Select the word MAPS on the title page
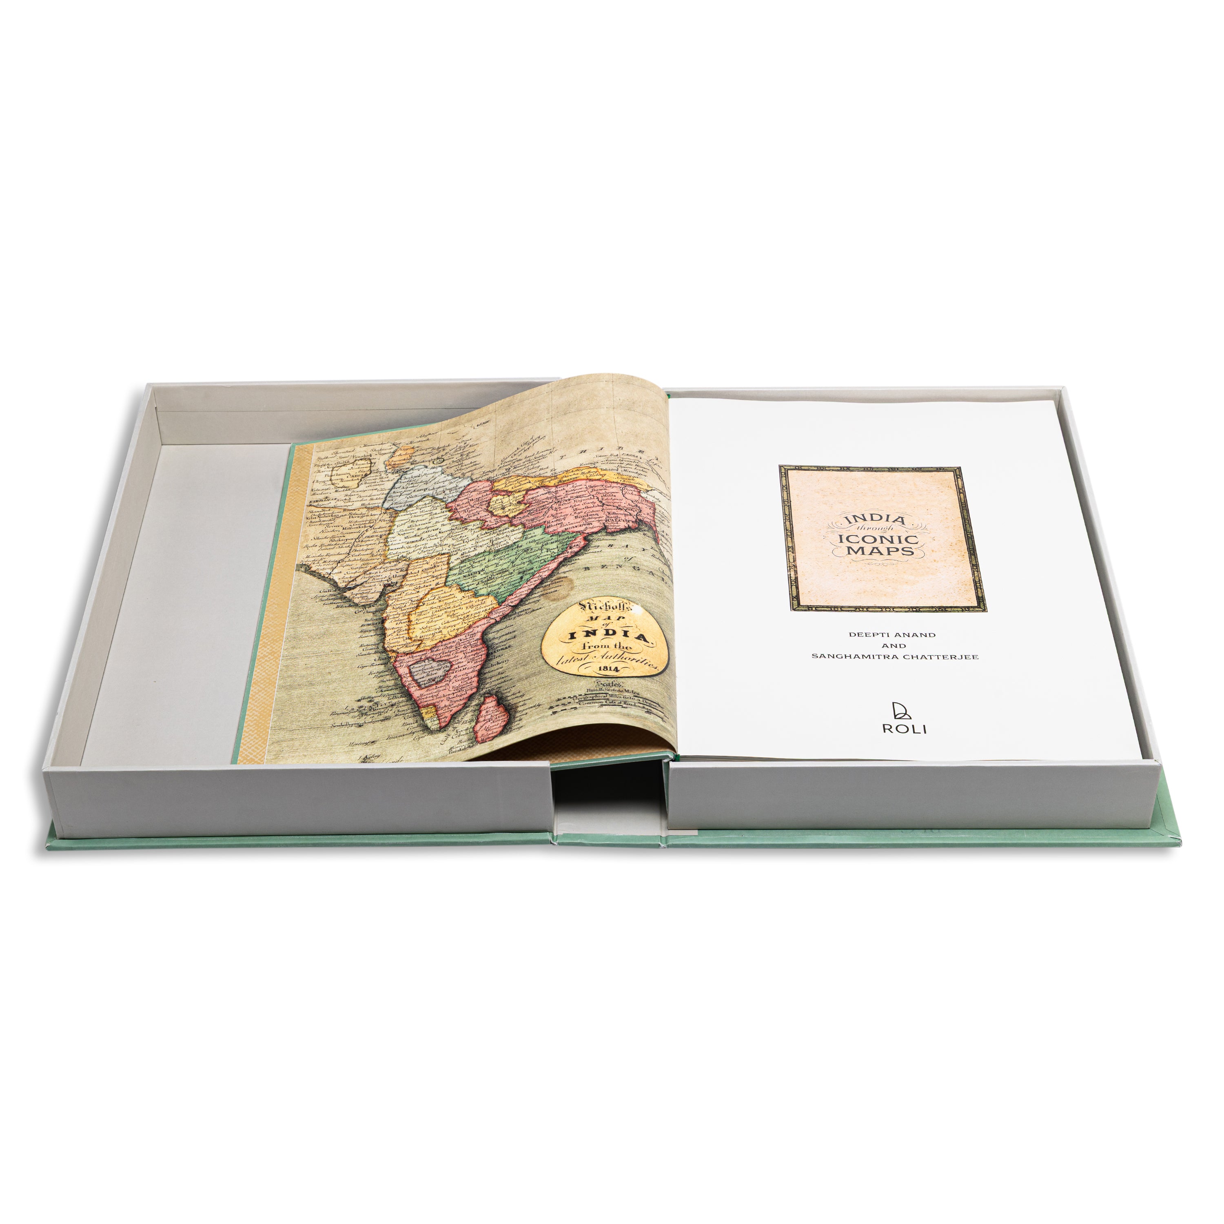click(x=880, y=552)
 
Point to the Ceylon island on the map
click(x=491, y=718)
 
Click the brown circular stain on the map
click(x=561, y=589)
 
